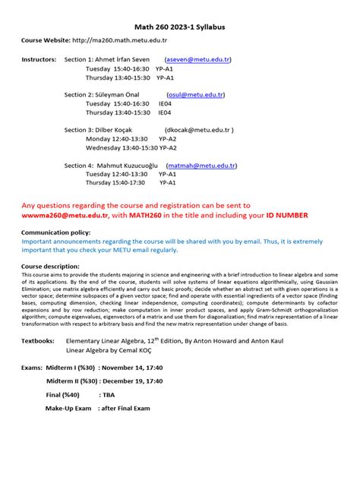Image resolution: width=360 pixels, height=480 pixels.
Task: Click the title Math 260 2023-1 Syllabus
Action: tap(179, 27)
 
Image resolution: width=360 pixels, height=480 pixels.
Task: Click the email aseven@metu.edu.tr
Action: tap(199, 59)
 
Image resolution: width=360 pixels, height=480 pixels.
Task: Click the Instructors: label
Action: tap(38, 59)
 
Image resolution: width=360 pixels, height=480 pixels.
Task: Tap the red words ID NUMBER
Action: tap(283, 216)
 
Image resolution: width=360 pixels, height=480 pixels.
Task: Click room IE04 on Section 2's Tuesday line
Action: tap(165, 103)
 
